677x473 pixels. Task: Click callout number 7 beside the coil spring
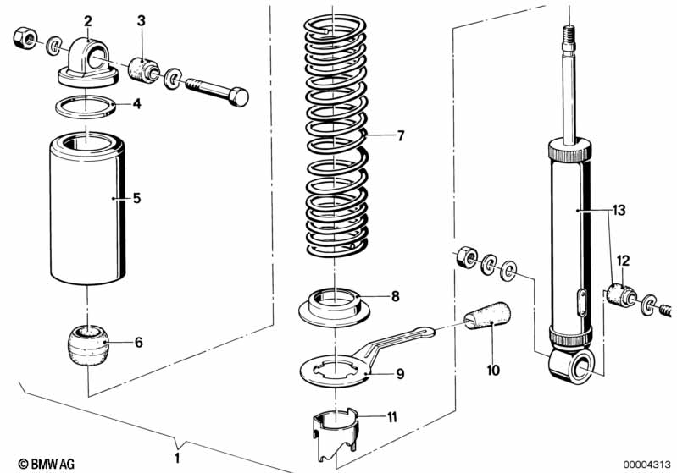(402, 135)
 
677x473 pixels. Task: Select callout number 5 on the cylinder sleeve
(136, 199)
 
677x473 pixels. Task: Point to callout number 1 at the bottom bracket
(177, 458)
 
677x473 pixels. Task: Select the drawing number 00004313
(647, 464)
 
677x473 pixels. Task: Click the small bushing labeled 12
(623, 296)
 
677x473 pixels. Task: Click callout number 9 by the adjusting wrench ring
(401, 372)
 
